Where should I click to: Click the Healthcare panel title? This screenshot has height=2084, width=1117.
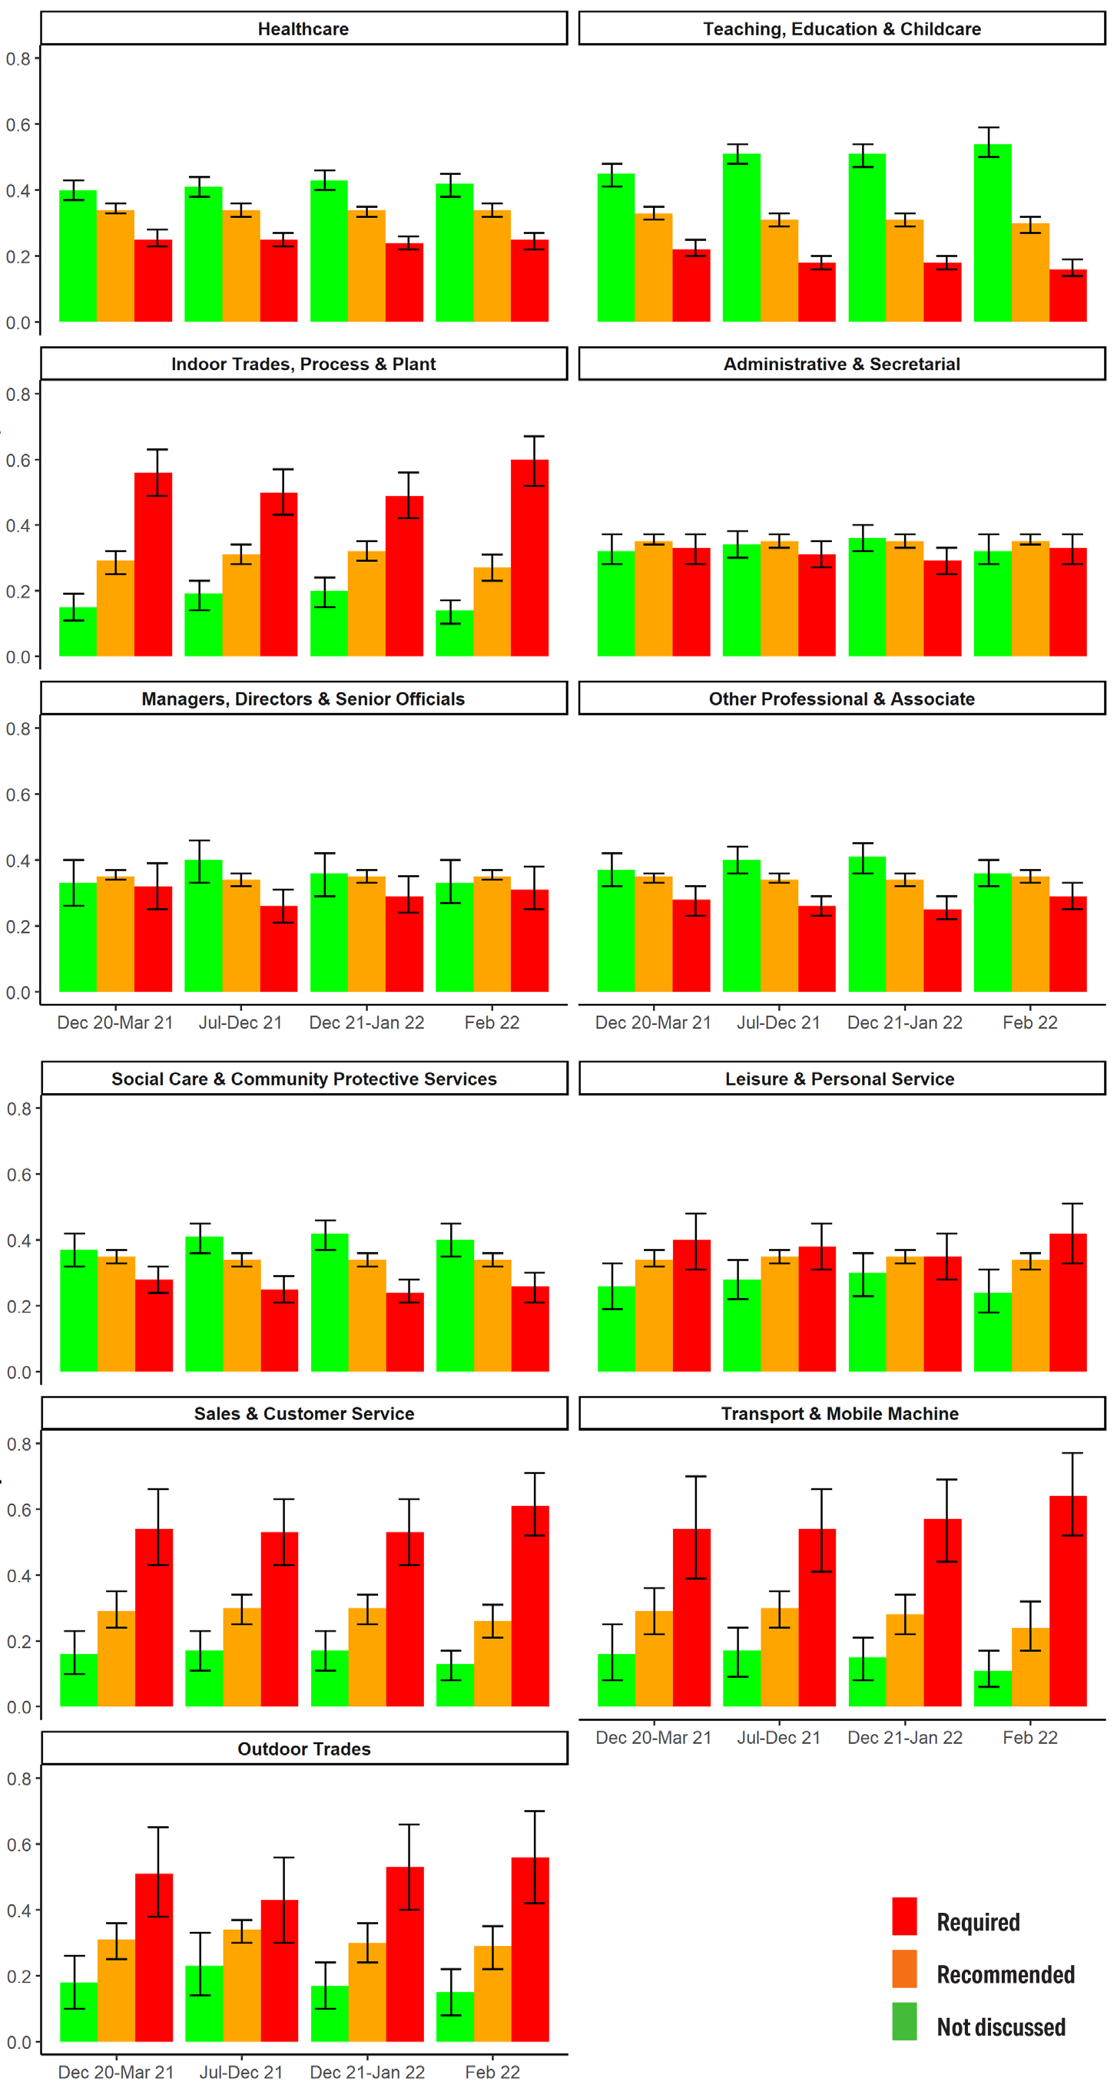(x=303, y=29)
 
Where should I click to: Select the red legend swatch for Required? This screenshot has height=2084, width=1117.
(x=904, y=1916)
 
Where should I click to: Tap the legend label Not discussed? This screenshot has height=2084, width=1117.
(x=1000, y=2026)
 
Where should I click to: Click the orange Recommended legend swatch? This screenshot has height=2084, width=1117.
(x=904, y=1968)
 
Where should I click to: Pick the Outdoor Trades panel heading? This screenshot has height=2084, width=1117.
(x=303, y=1749)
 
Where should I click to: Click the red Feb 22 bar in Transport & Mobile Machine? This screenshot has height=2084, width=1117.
(x=1068, y=1602)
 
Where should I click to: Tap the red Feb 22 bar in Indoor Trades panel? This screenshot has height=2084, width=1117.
(x=529, y=558)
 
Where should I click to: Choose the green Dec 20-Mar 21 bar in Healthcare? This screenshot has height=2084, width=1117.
(x=78, y=256)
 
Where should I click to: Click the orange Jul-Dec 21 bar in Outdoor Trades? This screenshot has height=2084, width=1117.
(x=242, y=1985)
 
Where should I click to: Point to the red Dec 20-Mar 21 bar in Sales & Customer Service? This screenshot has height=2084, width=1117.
(x=154, y=1618)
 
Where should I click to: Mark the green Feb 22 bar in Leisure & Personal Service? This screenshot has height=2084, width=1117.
(x=993, y=1333)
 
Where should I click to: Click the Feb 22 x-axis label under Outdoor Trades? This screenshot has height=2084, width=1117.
(x=492, y=2071)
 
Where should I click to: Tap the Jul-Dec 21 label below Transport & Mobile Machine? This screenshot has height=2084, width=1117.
(x=779, y=1737)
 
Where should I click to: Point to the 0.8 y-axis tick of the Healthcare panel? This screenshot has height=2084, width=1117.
(x=18, y=59)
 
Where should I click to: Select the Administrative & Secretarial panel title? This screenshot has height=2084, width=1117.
(x=841, y=364)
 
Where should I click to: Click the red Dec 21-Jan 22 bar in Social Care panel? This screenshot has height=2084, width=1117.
(x=405, y=1333)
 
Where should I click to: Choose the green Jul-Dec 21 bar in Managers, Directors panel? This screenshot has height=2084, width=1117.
(x=203, y=926)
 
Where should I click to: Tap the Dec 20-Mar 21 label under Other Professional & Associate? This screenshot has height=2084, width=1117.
(x=653, y=1022)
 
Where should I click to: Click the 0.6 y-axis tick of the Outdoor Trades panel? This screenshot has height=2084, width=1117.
(x=18, y=1845)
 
